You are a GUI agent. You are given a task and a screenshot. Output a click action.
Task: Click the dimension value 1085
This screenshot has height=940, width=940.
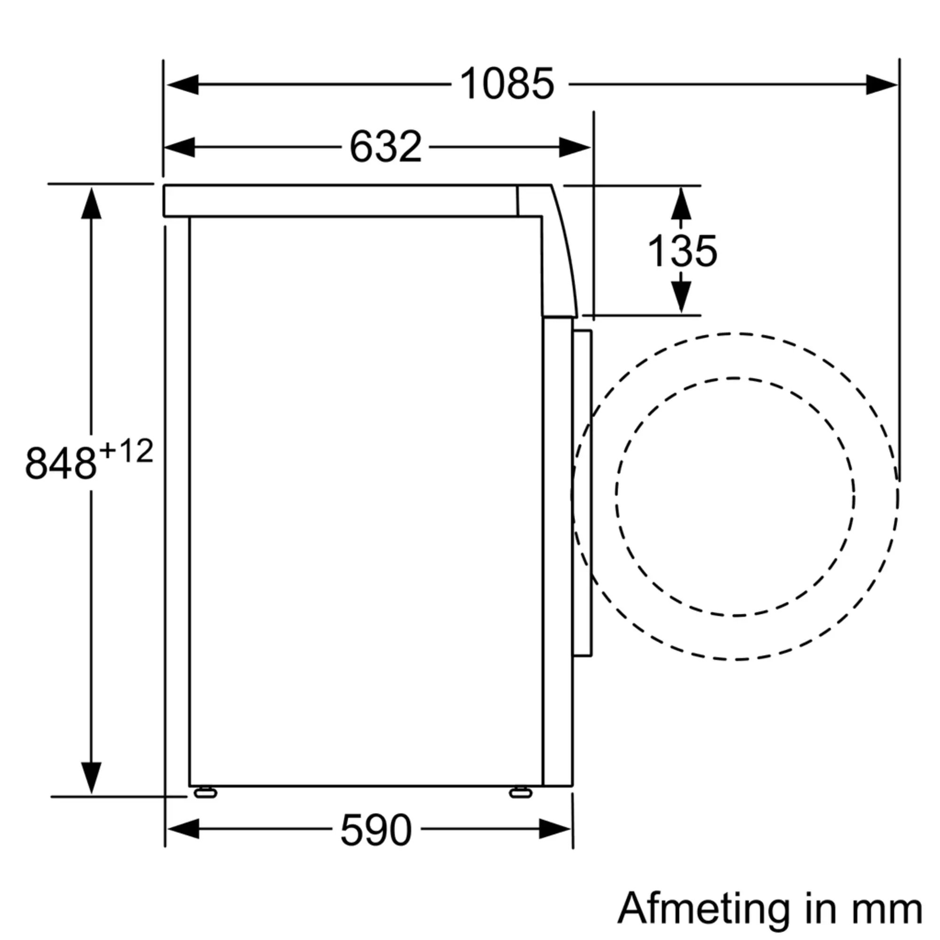pyautogui.click(x=507, y=84)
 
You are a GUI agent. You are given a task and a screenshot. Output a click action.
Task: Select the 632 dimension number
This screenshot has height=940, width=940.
pyautogui.click(x=385, y=147)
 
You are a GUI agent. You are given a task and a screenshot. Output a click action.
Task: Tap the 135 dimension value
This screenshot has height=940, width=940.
pyautogui.click(x=682, y=251)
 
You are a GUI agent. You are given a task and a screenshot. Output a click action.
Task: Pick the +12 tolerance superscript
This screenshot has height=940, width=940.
pyautogui.click(x=126, y=451)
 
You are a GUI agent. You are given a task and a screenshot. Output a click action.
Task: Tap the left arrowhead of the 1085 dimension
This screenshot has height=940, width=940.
pyautogui.click(x=182, y=85)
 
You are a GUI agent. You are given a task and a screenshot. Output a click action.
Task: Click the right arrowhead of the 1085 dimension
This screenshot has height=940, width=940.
pyautogui.click(x=882, y=85)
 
